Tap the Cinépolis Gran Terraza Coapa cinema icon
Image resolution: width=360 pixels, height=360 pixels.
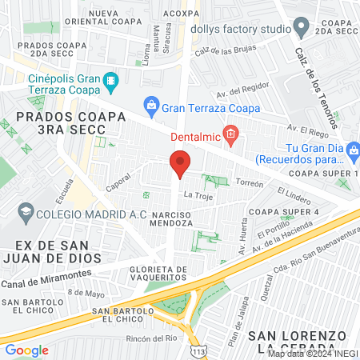coord(110,80)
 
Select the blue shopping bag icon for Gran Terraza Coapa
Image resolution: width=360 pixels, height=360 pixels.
coord(150,105)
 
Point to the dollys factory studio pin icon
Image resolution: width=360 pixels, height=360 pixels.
coord(301,28)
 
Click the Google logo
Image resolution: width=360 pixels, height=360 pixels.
coord(27,350)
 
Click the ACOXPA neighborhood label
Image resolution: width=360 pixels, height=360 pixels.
coord(181,14)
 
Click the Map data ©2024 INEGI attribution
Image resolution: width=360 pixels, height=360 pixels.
coord(312,353)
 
